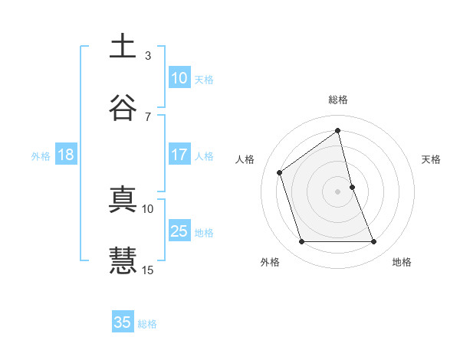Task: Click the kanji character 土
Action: pos(123,46)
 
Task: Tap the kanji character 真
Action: pos(123,198)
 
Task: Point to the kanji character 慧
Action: pos(123,260)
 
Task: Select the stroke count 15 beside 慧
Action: pos(148,270)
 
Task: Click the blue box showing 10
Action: pos(179,77)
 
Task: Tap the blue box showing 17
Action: pos(179,155)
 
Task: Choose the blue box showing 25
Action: pos(179,231)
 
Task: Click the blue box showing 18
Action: pos(66,155)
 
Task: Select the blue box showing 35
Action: pos(123,322)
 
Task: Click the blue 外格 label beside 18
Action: pos(41,155)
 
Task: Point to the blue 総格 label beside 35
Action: pos(147,324)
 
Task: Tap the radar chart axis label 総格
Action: pos(338,100)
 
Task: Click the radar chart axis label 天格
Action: pos(432,159)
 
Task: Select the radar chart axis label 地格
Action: pos(402,262)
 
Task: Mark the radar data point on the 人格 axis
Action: pos(280,172)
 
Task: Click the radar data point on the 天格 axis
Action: pos(352,187)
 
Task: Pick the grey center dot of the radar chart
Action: pos(338,191)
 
